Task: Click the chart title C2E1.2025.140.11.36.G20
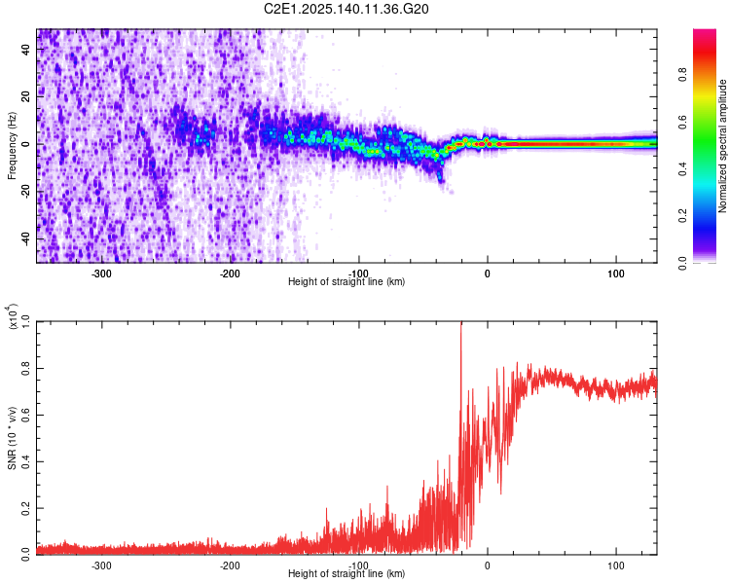[x=347, y=9]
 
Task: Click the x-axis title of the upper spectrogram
[x=347, y=281]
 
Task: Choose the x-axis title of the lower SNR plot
[x=347, y=573]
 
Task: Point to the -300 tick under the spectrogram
[x=102, y=273]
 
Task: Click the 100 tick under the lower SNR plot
[x=616, y=565]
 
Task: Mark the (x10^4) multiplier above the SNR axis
[x=14, y=317]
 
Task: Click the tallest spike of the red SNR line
[x=460, y=325]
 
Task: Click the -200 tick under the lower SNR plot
[x=230, y=565]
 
